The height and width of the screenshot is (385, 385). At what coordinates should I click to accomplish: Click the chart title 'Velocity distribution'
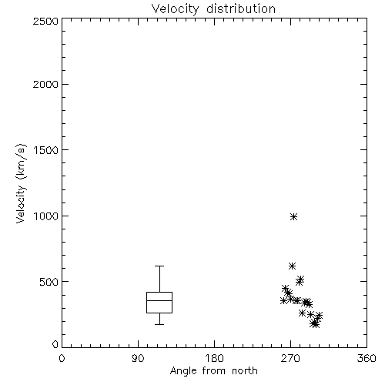coord(213,8)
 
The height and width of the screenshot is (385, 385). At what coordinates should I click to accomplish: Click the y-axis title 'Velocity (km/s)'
coord(21,183)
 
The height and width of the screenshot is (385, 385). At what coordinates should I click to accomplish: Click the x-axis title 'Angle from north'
coord(214,370)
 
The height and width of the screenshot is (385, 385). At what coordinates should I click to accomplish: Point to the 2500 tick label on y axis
coord(45,21)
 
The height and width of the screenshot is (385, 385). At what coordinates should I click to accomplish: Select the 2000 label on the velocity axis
coord(45,84)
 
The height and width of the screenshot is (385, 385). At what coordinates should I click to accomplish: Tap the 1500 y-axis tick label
coord(45,150)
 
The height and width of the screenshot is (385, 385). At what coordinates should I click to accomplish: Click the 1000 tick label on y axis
coord(45,216)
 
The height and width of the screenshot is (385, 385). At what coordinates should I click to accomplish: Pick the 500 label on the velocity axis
coord(49,282)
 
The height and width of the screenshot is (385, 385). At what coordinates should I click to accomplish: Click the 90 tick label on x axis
coord(138,358)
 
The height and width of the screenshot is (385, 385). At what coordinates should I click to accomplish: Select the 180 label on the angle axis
coord(214,358)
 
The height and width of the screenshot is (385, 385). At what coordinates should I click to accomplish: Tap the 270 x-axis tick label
coord(290,358)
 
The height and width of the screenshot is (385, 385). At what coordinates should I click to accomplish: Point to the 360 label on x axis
coord(367,358)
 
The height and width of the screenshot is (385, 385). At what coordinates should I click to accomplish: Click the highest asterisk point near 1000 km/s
coord(293,217)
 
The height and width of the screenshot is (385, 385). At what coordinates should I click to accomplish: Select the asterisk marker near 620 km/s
coord(292,266)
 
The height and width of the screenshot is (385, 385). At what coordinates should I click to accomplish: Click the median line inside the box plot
coord(159,300)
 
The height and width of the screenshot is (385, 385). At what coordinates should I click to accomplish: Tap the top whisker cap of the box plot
coord(159,266)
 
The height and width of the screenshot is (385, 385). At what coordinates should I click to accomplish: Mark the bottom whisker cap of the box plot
coord(159,324)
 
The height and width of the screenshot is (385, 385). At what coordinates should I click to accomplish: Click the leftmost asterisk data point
coord(283,300)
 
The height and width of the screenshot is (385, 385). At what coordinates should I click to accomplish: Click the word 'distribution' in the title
coord(241,8)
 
